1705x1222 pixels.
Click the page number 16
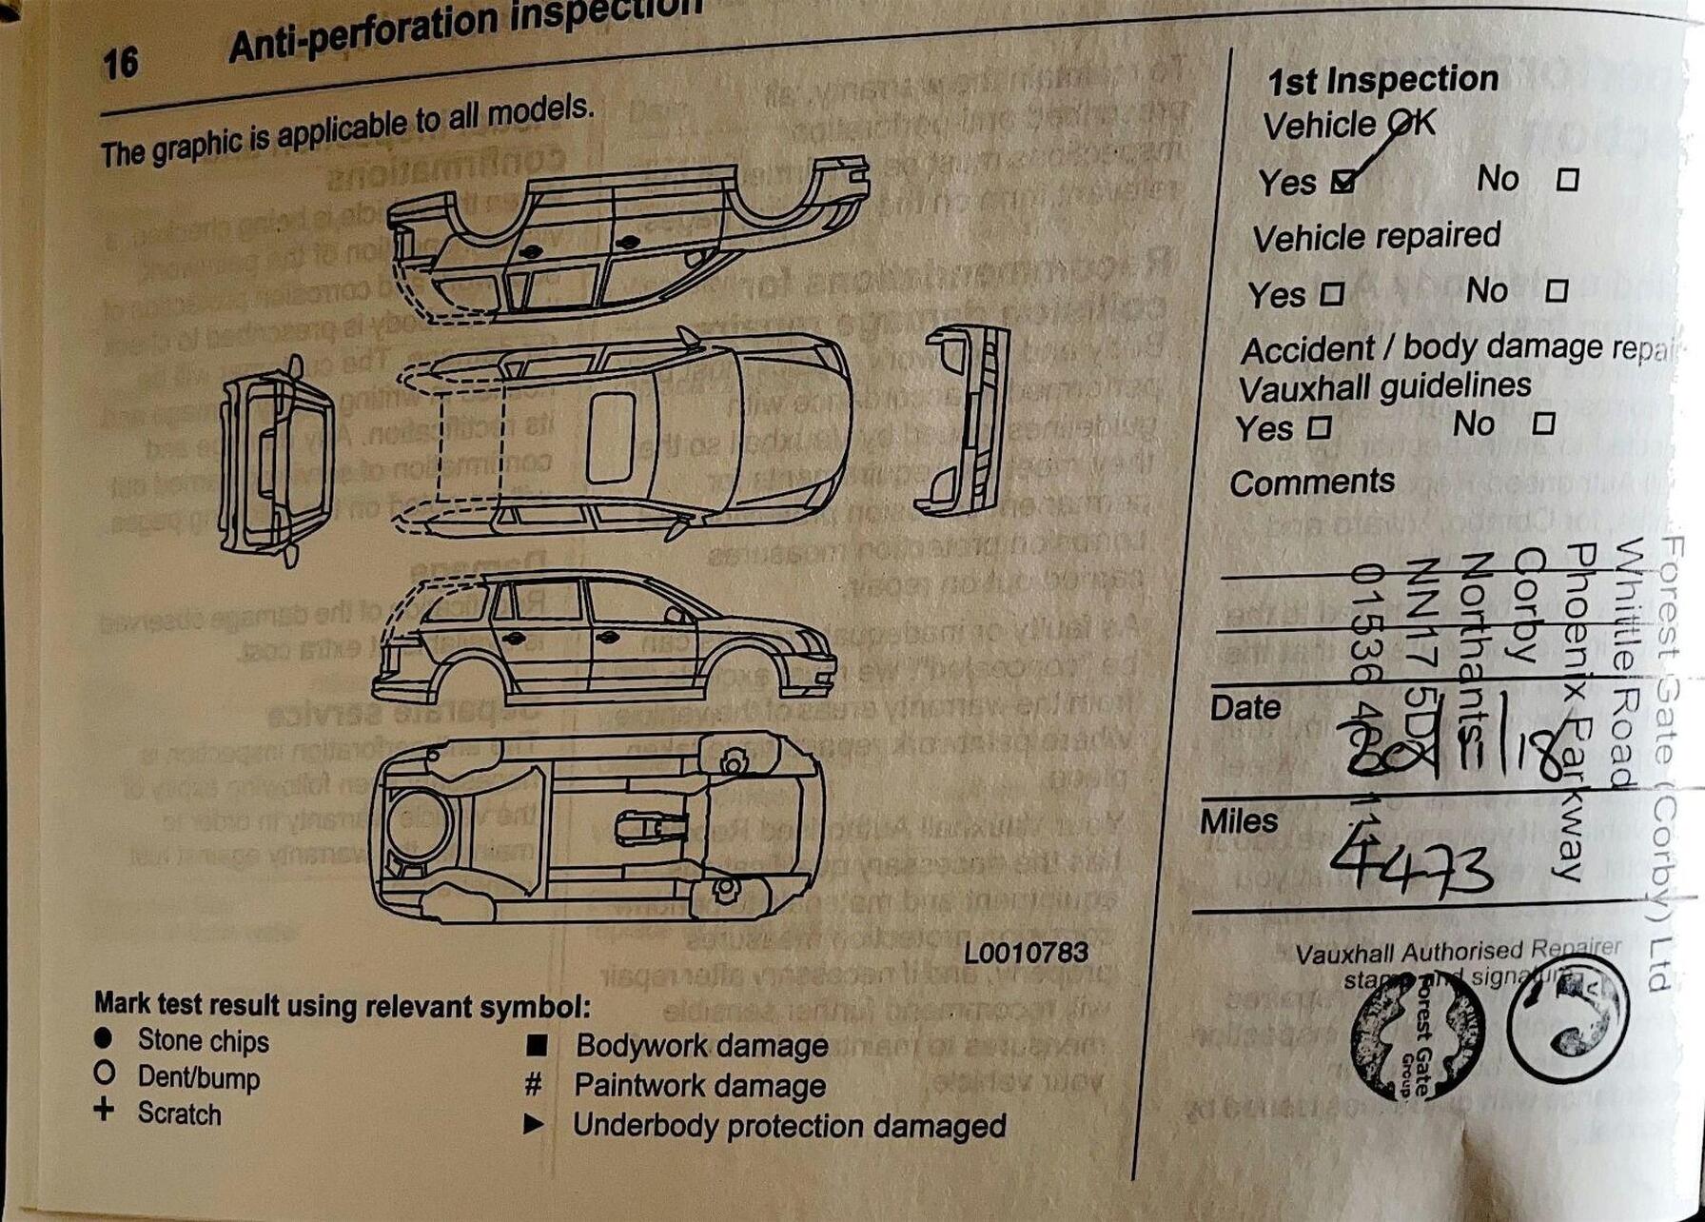click(121, 64)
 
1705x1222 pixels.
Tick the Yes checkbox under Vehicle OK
click(1342, 181)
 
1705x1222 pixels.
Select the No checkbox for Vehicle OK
click(1566, 179)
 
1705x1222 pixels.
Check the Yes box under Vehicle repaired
click(1332, 294)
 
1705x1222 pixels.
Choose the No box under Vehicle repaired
click(1556, 290)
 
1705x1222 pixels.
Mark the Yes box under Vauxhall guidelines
click(1319, 428)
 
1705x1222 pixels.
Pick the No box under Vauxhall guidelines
click(1543, 424)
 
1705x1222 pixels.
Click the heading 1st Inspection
click(1382, 81)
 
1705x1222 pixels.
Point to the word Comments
click(1311, 483)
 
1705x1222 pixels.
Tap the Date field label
click(1244, 708)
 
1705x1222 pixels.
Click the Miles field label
click(1239, 821)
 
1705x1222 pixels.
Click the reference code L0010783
click(1025, 952)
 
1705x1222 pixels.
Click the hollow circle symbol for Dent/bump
click(104, 1074)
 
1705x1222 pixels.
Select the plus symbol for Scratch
click(104, 1110)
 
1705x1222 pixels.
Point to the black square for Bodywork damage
click(537, 1046)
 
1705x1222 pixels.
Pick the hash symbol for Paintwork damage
click(534, 1085)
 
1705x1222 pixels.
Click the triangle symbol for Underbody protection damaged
click(534, 1125)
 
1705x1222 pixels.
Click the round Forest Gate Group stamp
click(1417, 1035)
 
